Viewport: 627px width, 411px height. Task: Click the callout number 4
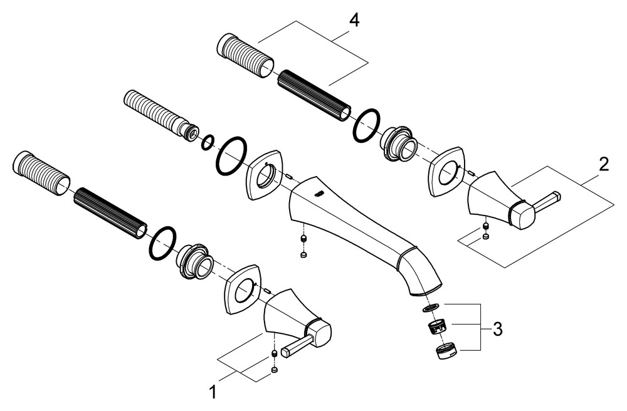click(354, 20)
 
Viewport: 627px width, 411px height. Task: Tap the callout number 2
click(603, 165)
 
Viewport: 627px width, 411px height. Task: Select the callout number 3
click(497, 328)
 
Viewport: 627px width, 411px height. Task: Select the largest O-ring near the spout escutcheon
click(231, 156)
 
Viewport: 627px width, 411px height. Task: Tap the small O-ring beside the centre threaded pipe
click(207, 143)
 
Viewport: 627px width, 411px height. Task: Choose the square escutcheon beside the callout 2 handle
click(447, 170)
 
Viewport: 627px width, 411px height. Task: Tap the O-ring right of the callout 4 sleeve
click(366, 125)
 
